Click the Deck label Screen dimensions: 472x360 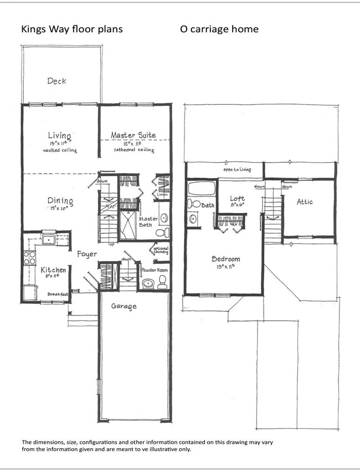tap(56, 81)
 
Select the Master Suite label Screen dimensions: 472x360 tap(133, 135)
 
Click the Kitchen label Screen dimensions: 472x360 tap(54, 270)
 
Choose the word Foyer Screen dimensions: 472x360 tap(87, 254)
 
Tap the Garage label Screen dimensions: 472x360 tap(124, 306)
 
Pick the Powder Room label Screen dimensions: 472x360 tap(155, 271)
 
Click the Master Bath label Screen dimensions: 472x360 tap(148, 222)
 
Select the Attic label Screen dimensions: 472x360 tap(305, 202)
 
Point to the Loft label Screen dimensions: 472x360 tap(238, 199)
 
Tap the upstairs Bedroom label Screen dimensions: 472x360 tap(227, 259)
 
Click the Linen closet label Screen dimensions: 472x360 tap(162, 195)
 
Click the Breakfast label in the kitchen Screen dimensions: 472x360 tap(57, 294)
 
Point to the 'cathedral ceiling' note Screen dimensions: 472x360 tap(133, 149)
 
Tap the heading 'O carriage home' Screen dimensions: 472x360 tap(219, 29)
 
